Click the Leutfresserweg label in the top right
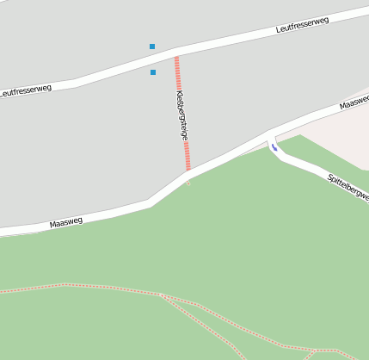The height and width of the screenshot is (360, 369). (304, 23)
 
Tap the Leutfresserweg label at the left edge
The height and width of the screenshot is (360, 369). (26, 89)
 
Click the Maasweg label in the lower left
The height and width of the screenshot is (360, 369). (66, 222)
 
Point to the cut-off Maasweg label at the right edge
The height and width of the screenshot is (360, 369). (354, 102)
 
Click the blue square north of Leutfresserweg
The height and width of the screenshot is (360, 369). (152, 47)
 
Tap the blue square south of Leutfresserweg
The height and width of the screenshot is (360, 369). (153, 72)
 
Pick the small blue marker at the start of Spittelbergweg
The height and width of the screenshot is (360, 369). (274, 147)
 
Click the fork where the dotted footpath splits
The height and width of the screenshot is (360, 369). (161, 295)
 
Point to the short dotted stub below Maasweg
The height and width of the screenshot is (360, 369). (188, 182)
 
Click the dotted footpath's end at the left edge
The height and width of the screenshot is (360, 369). (3, 292)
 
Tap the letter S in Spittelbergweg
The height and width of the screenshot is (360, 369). (330, 177)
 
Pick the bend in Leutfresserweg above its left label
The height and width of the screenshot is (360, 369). (76, 83)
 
